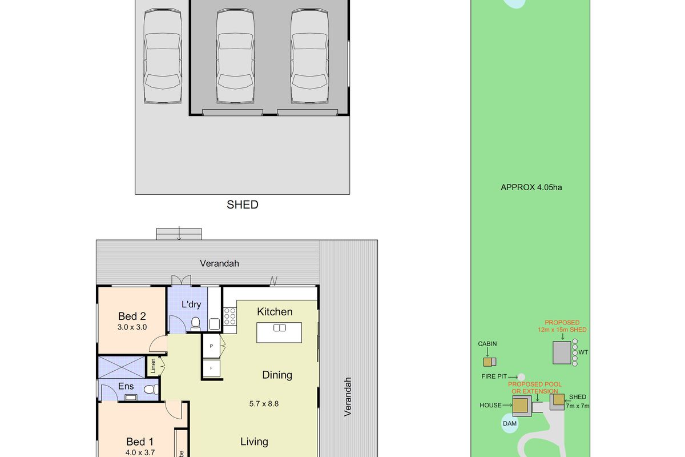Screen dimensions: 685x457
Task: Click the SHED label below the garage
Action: pyautogui.click(x=243, y=205)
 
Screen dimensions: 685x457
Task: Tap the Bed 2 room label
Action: pyautogui.click(x=132, y=316)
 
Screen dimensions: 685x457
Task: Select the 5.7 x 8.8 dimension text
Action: pyautogui.click(x=264, y=404)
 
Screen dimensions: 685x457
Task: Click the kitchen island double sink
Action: pyautogui.click(x=280, y=328)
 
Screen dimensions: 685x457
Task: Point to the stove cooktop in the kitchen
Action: pyautogui.click(x=229, y=316)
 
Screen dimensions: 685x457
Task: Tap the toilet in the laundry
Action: pyautogui.click(x=195, y=324)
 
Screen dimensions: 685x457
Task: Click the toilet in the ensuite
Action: pyautogui.click(x=151, y=390)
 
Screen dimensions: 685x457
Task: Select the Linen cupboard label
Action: pyautogui.click(x=153, y=366)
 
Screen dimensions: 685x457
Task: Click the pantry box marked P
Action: pyautogui.click(x=211, y=346)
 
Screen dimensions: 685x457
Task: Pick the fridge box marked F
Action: pyautogui.click(x=211, y=368)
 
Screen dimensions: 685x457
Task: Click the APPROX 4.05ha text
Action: pyautogui.click(x=531, y=187)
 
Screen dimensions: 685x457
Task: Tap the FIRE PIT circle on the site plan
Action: pyautogui.click(x=521, y=377)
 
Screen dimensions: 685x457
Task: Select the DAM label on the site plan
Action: pyautogui.click(x=510, y=423)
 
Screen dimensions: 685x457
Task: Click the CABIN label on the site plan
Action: pyautogui.click(x=487, y=344)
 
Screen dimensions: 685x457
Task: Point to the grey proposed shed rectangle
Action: pyautogui.click(x=562, y=352)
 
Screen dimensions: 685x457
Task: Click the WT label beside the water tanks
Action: pyautogui.click(x=583, y=352)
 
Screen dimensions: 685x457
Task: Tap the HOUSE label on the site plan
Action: pyautogui.click(x=490, y=405)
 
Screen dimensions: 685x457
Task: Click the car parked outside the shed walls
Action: pyautogui.click(x=163, y=57)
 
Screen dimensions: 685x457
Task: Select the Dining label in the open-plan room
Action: pyautogui.click(x=277, y=375)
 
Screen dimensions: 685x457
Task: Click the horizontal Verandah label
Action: pyautogui.click(x=219, y=263)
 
